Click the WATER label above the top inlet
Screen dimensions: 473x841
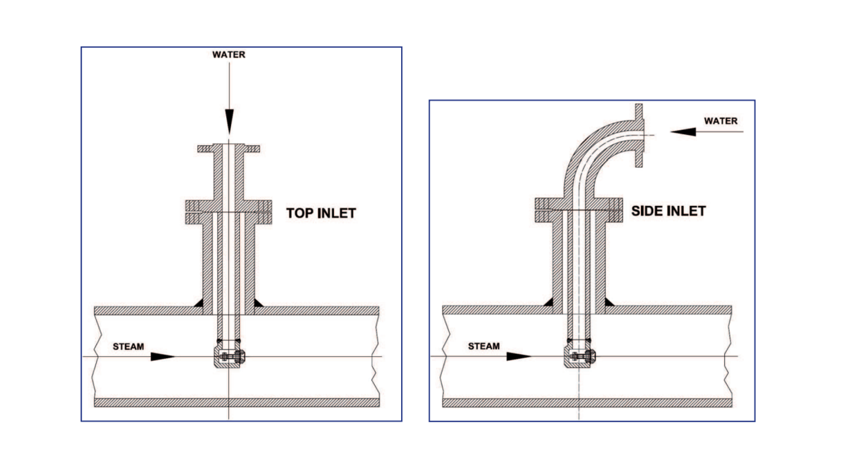pyautogui.click(x=228, y=55)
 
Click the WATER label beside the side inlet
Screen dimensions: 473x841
pyautogui.click(x=721, y=121)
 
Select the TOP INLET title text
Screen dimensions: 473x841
pyautogui.click(x=321, y=213)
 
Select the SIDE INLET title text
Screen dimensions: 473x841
pyautogui.click(x=668, y=211)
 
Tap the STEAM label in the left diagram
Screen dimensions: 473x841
pyautogui.click(x=129, y=346)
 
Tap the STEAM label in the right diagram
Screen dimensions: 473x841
pyautogui.click(x=483, y=346)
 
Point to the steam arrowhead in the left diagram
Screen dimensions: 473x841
pyautogui.click(x=163, y=357)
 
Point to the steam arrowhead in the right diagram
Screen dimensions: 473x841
pyautogui.click(x=519, y=357)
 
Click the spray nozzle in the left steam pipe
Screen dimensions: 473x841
pyautogui.click(x=230, y=358)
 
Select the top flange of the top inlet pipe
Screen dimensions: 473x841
pyautogui.click(x=229, y=148)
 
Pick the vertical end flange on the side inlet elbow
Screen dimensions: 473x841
pyautogui.click(x=639, y=136)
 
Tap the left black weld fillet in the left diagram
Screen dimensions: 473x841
pyautogui.click(x=198, y=302)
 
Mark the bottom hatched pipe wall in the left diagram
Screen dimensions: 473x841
pyautogui.click(x=236, y=402)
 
